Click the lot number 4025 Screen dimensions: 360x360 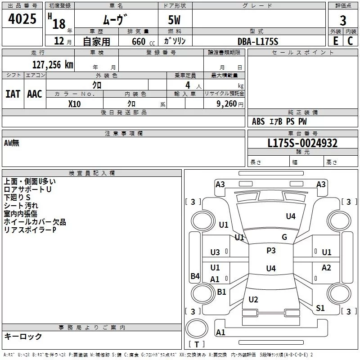pos(22,20)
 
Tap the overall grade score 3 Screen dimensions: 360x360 pos(343,20)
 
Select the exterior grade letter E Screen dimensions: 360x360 pos(336,40)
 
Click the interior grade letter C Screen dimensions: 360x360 pos(350,40)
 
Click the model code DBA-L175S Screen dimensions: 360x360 pos(258,41)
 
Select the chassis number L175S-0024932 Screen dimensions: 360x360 pos(302,143)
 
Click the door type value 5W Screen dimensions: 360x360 pos(175,21)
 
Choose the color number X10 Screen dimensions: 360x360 pos(74,103)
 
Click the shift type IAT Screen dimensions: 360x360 pos(13,94)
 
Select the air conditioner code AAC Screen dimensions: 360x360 pos(35,94)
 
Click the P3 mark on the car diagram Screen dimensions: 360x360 pos(271,251)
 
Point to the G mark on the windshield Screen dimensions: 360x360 pos(284,237)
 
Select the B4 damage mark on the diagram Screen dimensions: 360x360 pos(195,276)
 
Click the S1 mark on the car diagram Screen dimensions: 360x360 pos(320,308)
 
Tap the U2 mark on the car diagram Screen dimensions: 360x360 pos(253,300)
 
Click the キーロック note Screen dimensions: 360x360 pos(23,336)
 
